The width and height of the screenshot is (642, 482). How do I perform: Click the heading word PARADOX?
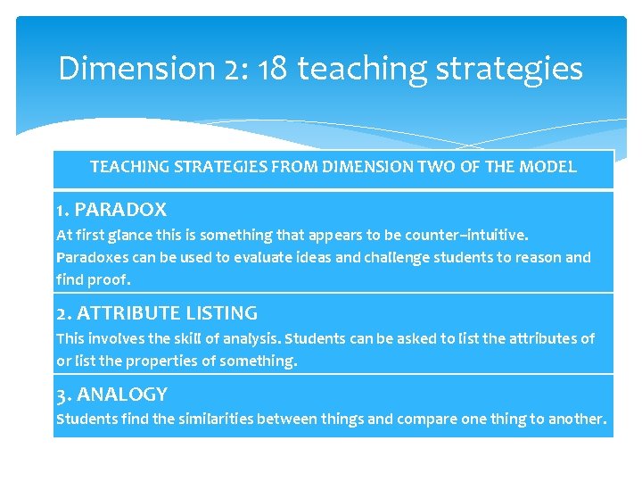120,211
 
